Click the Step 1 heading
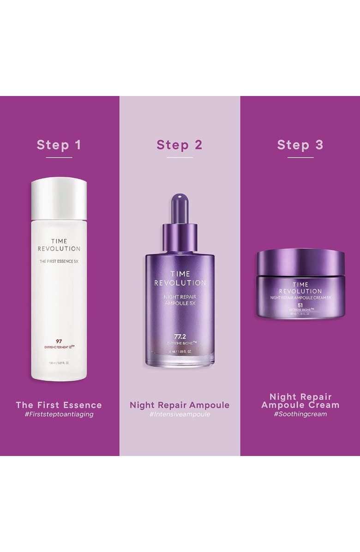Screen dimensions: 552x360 59,144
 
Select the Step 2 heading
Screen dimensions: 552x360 180,144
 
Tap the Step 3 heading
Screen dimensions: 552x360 300,144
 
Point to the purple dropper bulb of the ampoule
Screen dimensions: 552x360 180,208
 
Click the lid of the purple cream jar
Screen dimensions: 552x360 300,261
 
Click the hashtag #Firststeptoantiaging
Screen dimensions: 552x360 59,414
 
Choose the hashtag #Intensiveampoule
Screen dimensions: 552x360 180,414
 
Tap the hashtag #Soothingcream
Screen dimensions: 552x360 300,414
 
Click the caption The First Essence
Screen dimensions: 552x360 59,405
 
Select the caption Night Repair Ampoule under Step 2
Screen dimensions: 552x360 180,405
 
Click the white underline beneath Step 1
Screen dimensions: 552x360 59,158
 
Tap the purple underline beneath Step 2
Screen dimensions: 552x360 180,158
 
